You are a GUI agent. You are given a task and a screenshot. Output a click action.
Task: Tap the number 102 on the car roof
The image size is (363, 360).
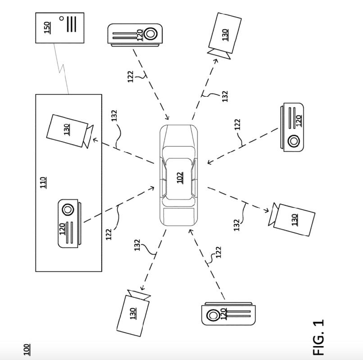(180, 178)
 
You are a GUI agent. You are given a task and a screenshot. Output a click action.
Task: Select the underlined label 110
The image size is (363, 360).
(43, 183)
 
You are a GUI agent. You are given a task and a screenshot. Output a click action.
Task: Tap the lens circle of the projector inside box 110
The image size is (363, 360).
(67, 210)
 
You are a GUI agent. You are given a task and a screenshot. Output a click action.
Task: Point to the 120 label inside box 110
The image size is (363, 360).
(63, 229)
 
